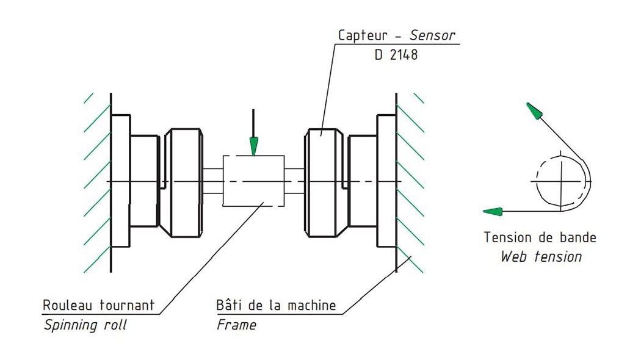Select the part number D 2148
(396, 55)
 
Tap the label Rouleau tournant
(99, 304)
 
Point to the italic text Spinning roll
(85, 325)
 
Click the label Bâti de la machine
(276, 304)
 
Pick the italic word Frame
(236, 325)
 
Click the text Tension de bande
(540, 237)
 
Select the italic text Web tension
(541, 256)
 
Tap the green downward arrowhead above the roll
(254, 146)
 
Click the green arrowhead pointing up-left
(534, 111)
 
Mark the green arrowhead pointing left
(492, 212)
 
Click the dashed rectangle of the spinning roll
(254, 181)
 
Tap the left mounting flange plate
(121, 181)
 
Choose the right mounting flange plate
(386, 181)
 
